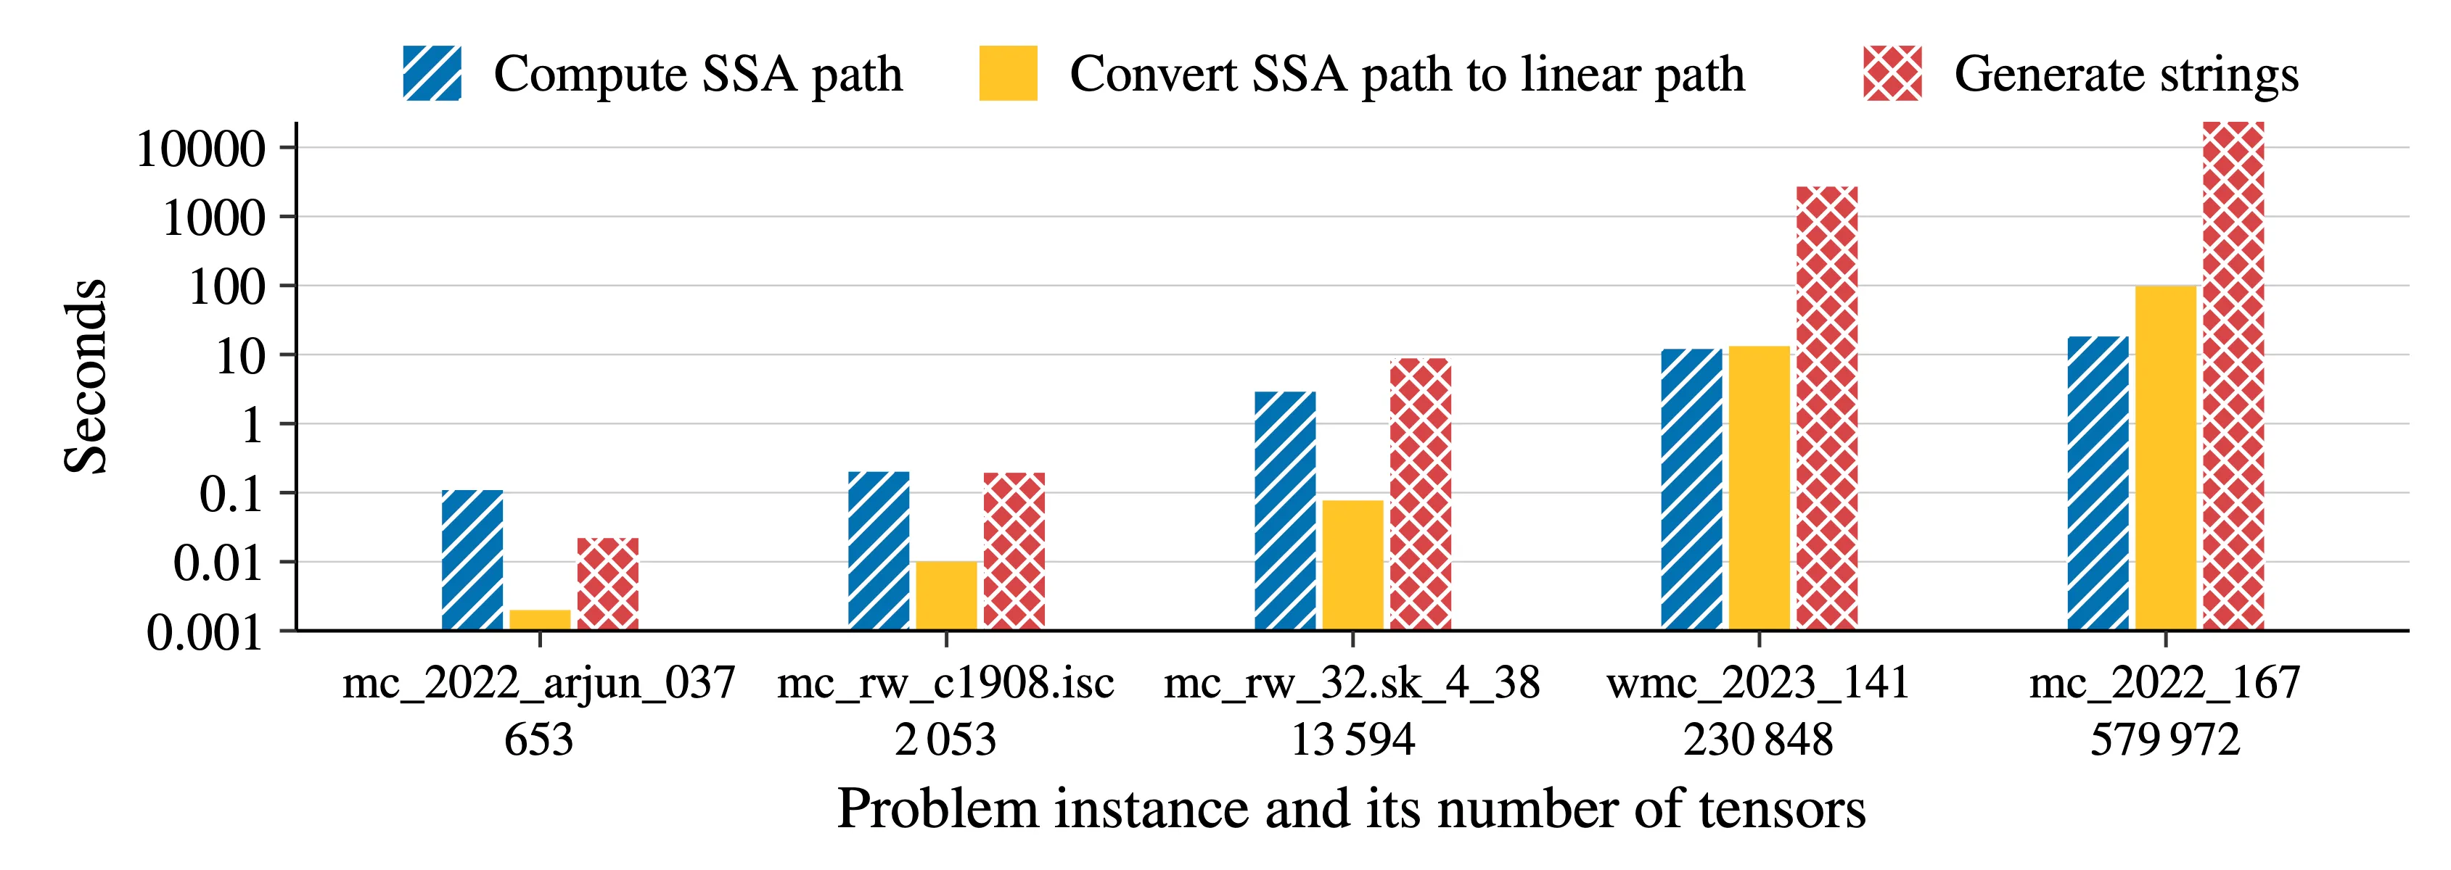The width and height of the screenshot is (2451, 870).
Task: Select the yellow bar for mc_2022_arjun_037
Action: [x=540, y=619]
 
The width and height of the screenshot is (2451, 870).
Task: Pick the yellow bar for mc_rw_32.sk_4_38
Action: [x=1352, y=565]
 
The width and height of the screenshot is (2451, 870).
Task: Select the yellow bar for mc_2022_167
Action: [x=2166, y=457]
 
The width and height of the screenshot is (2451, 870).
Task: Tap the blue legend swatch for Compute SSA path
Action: [x=432, y=73]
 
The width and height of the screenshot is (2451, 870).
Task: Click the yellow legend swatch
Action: [x=1008, y=73]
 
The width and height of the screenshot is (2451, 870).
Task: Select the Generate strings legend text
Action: [x=2126, y=74]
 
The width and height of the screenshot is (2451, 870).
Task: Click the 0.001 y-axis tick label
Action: [x=205, y=632]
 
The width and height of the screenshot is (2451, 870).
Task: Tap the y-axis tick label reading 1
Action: [x=253, y=425]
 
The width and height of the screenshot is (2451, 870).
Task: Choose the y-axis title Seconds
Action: [x=86, y=376]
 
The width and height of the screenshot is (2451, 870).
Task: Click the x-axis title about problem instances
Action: [x=1351, y=809]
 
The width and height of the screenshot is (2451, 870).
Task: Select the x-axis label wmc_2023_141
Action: [x=1758, y=683]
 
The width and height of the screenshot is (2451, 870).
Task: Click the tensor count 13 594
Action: [x=1352, y=739]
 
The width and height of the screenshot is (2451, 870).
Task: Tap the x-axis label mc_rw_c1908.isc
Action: [x=945, y=683]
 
